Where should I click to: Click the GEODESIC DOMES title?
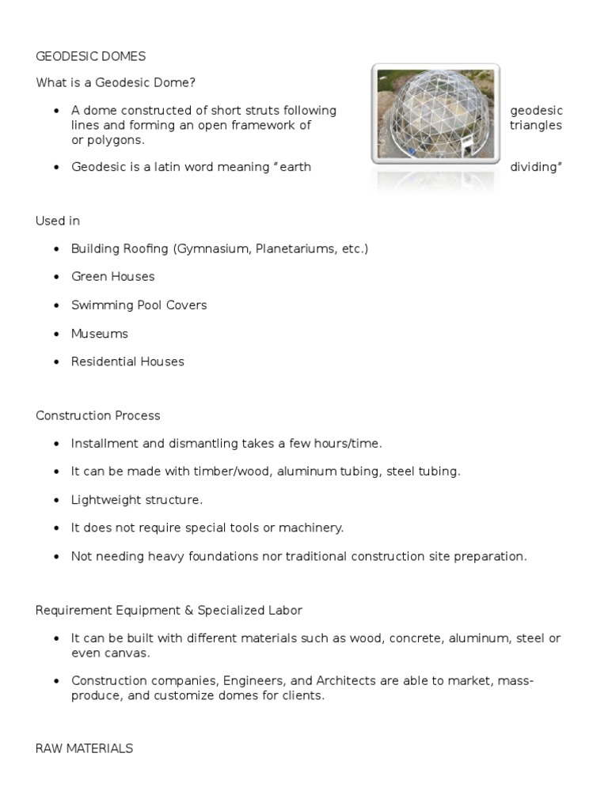tap(90, 56)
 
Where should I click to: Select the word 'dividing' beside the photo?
tap(536, 168)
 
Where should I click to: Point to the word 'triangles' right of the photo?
tap(536, 125)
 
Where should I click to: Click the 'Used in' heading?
tap(58, 221)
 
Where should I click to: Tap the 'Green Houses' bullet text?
tap(112, 277)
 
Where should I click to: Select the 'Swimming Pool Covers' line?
tap(139, 305)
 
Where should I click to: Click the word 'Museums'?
tap(100, 334)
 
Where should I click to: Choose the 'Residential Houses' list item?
tap(127, 361)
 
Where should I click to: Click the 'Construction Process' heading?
tap(97, 415)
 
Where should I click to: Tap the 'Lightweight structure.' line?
tap(137, 500)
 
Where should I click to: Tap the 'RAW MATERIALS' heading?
tap(84, 748)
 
